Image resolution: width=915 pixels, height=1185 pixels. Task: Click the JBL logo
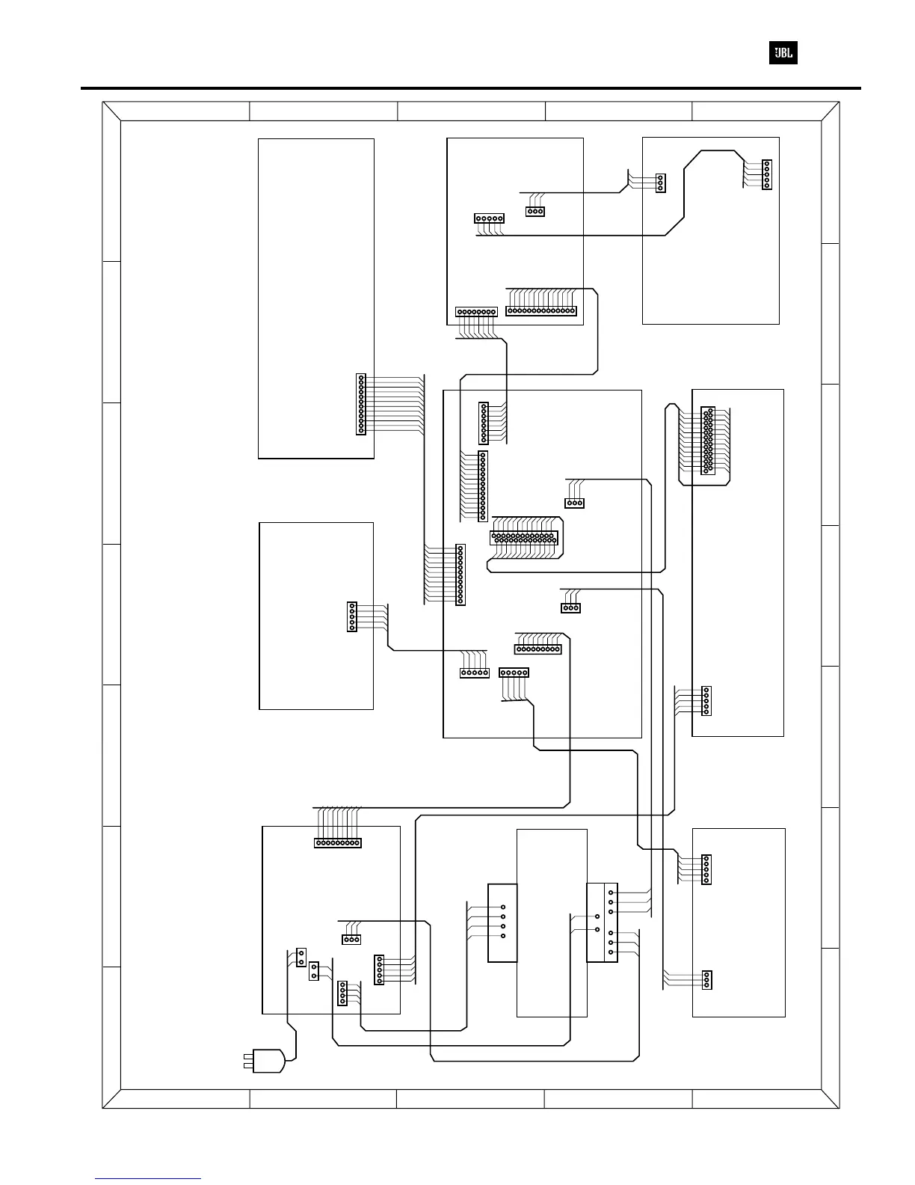pyautogui.click(x=783, y=53)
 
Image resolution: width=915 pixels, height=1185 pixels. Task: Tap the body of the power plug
pyautogui.click(x=270, y=1061)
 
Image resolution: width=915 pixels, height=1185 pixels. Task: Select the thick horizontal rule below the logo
pyautogui.click(x=471, y=88)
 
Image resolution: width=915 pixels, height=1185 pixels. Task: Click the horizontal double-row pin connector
pyautogui.click(x=524, y=538)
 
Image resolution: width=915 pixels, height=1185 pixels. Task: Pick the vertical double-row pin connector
pyautogui.click(x=707, y=440)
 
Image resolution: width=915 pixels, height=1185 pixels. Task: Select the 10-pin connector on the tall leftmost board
pyautogui.click(x=361, y=404)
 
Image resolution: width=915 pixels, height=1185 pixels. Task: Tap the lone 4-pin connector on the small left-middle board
pyautogui.click(x=352, y=616)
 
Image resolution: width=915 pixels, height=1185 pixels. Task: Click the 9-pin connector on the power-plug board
pyautogui.click(x=337, y=843)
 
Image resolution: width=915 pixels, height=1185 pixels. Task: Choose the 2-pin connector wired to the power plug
pyautogui.click(x=301, y=957)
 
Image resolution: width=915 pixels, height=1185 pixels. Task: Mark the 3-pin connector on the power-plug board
pyautogui.click(x=351, y=940)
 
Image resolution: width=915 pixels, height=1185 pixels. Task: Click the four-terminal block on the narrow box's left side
pyautogui.click(x=502, y=922)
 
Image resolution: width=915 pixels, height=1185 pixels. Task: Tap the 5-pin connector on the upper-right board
pyautogui.click(x=766, y=174)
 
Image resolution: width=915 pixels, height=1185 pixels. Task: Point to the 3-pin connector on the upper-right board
pyautogui.click(x=660, y=183)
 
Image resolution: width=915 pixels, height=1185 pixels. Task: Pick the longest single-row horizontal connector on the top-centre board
pyautogui.click(x=541, y=310)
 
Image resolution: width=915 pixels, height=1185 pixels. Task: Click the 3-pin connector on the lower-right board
pyautogui.click(x=706, y=980)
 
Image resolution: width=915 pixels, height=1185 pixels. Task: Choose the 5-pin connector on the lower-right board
pyautogui.click(x=706, y=869)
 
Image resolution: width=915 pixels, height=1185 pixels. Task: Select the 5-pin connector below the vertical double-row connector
pyautogui.click(x=706, y=701)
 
